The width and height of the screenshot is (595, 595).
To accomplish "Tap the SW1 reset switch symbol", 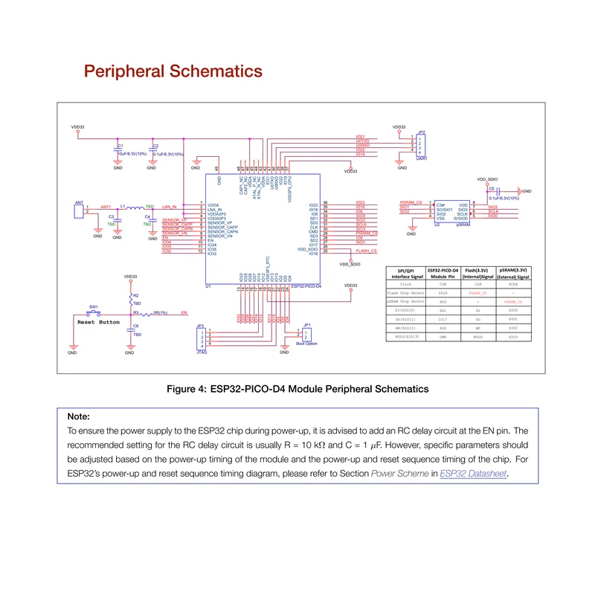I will [94, 312].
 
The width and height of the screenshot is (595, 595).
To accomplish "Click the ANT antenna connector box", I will [79, 210].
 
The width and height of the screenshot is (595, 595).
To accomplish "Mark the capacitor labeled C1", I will [118, 149].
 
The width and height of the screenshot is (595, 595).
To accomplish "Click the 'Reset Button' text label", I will [98, 322].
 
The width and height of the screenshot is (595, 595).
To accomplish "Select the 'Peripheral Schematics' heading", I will [173, 71].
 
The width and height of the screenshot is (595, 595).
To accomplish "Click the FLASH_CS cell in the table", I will [478, 292].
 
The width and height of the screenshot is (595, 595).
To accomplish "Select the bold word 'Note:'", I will [78, 416].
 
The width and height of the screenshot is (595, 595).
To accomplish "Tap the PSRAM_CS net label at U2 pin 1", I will [411, 203].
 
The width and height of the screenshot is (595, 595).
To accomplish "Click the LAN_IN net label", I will [169, 206].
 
